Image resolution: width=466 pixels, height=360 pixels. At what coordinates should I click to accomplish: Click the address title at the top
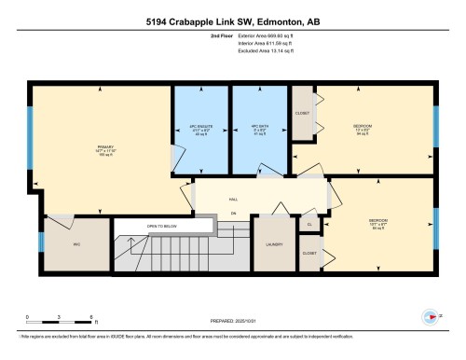pos(232,21)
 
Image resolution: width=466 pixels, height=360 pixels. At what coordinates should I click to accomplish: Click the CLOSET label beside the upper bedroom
pos(302,113)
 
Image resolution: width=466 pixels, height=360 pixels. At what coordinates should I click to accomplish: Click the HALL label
pos(233,199)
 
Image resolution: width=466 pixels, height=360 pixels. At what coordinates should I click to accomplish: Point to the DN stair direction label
pos(233,214)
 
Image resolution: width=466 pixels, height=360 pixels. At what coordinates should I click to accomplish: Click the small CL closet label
pos(308,224)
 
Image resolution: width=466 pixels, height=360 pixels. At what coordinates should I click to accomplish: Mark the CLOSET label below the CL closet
pos(308,253)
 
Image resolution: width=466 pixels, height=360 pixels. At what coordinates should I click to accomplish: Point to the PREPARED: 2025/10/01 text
pos(233,324)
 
